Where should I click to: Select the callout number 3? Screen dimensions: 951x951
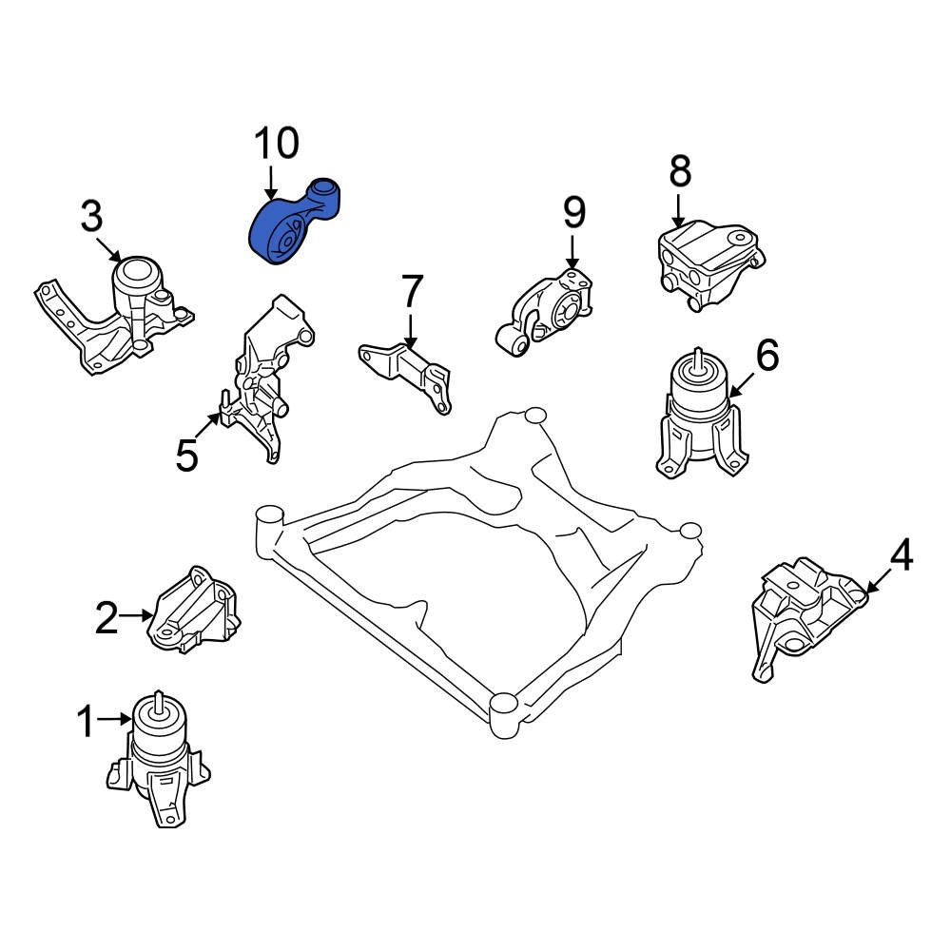click(91, 218)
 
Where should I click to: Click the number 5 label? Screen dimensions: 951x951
click(187, 456)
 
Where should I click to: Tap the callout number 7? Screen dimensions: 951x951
click(410, 291)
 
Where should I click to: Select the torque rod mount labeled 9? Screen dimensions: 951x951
click(547, 309)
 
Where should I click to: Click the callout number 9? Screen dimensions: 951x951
click(573, 213)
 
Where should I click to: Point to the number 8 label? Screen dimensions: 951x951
click(679, 172)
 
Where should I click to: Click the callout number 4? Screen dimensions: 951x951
click(900, 555)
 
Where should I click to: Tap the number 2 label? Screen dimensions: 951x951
click(107, 619)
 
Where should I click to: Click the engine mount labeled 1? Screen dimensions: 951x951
click(157, 756)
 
